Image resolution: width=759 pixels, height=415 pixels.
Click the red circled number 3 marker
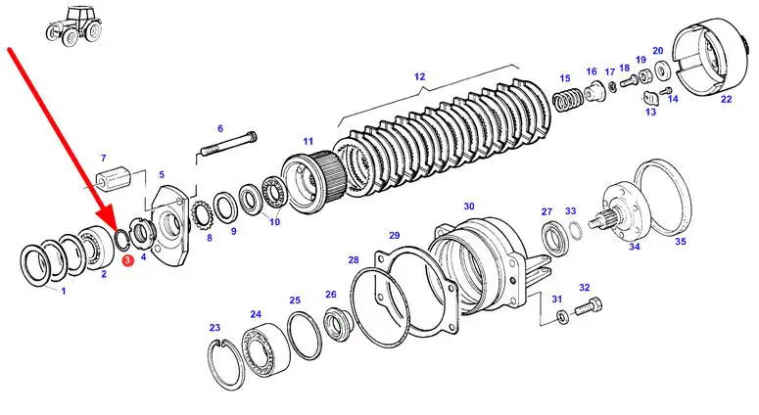click(x=127, y=260)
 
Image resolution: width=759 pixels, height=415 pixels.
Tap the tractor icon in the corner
click(x=75, y=26)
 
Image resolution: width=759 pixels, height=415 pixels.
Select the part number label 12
click(x=420, y=76)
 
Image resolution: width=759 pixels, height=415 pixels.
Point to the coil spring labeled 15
click(x=568, y=99)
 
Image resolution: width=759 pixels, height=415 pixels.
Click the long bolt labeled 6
click(x=228, y=144)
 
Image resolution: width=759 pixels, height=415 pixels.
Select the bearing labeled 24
click(x=266, y=348)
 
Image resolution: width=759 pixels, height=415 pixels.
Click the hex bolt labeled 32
click(x=589, y=306)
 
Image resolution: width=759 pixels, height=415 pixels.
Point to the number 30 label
click(x=468, y=207)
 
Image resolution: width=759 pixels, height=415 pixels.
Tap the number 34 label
click(x=634, y=247)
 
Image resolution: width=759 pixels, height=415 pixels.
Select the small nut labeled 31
click(x=562, y=317)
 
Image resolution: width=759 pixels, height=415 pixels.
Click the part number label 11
click(x=308, y=141)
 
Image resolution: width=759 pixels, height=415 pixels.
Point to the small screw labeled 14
click(x=667, y=90)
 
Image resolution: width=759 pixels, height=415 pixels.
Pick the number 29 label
click(x=395, y=236)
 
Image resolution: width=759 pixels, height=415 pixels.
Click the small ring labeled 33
click(x=574, y=231)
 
